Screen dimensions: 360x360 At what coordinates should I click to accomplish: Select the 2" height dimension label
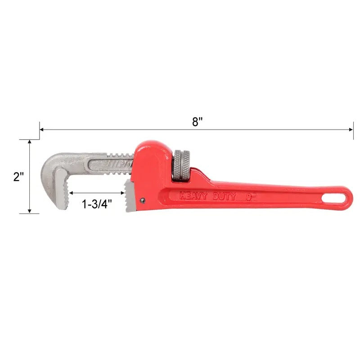(18, 177)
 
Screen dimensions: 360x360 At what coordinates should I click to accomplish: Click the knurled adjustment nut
(182, 166)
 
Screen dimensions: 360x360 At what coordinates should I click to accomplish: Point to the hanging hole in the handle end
(337, 198)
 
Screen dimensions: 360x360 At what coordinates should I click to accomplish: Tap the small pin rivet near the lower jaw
(143, 201)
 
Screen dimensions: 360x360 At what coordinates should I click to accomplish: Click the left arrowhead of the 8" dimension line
(42, 130)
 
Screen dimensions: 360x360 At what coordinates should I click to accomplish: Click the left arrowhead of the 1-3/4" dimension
(70, 193)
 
